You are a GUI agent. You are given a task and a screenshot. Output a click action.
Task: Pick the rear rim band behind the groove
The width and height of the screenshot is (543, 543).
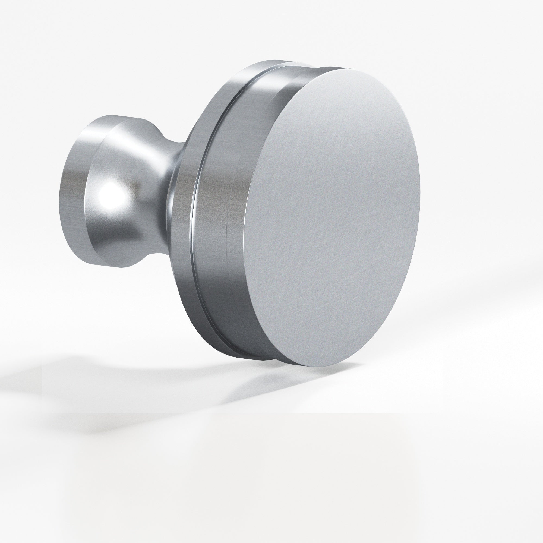coord(185,202)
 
